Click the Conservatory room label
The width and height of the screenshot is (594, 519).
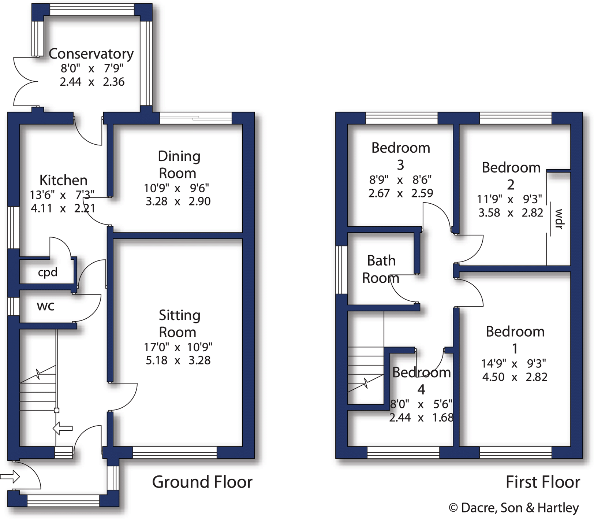pyautogui.click(x=91, y=54)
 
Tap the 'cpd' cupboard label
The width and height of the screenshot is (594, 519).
pyautogui.click(x=48, y=273)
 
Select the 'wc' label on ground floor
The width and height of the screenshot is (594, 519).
pyautogui.click(x=45, y=306)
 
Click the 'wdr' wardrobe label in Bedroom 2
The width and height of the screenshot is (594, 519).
pyautogui.click(x=558, y=219)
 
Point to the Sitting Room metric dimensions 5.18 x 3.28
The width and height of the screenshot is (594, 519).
pyautogui.click(x=178, y=360)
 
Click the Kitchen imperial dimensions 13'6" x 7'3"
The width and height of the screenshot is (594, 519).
pyautogui.click(x=62, y=194)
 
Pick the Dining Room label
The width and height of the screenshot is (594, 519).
pyautogui.click(x=179, y=164)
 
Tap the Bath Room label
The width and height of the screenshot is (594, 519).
pyautogui.click(x=381, y=269)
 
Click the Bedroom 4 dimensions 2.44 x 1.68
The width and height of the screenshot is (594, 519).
pyautogui.click(x=421, y=418)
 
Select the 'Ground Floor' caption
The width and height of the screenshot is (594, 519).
pyautogui.click(x=202, y=482)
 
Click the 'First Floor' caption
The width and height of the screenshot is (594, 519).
pyautogui.click(x=542, y=482)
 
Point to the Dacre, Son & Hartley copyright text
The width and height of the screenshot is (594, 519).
pyautogui.click(x=513, y=508)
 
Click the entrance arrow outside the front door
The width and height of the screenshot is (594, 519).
pyautogui.click(x=10, y=477)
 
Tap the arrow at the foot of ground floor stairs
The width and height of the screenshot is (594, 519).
pyautogui.click(x=63, y=428)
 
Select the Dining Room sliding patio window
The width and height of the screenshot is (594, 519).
pyautogui.click(x=196, y=118)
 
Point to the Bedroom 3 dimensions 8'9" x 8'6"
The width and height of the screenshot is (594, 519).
pyautogui.click(x=400, y=180)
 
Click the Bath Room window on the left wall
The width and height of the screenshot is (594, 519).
pyautogui.click(x=341, y=269)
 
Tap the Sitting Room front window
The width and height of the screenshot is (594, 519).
pyautogui.click(x=175, y=453)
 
